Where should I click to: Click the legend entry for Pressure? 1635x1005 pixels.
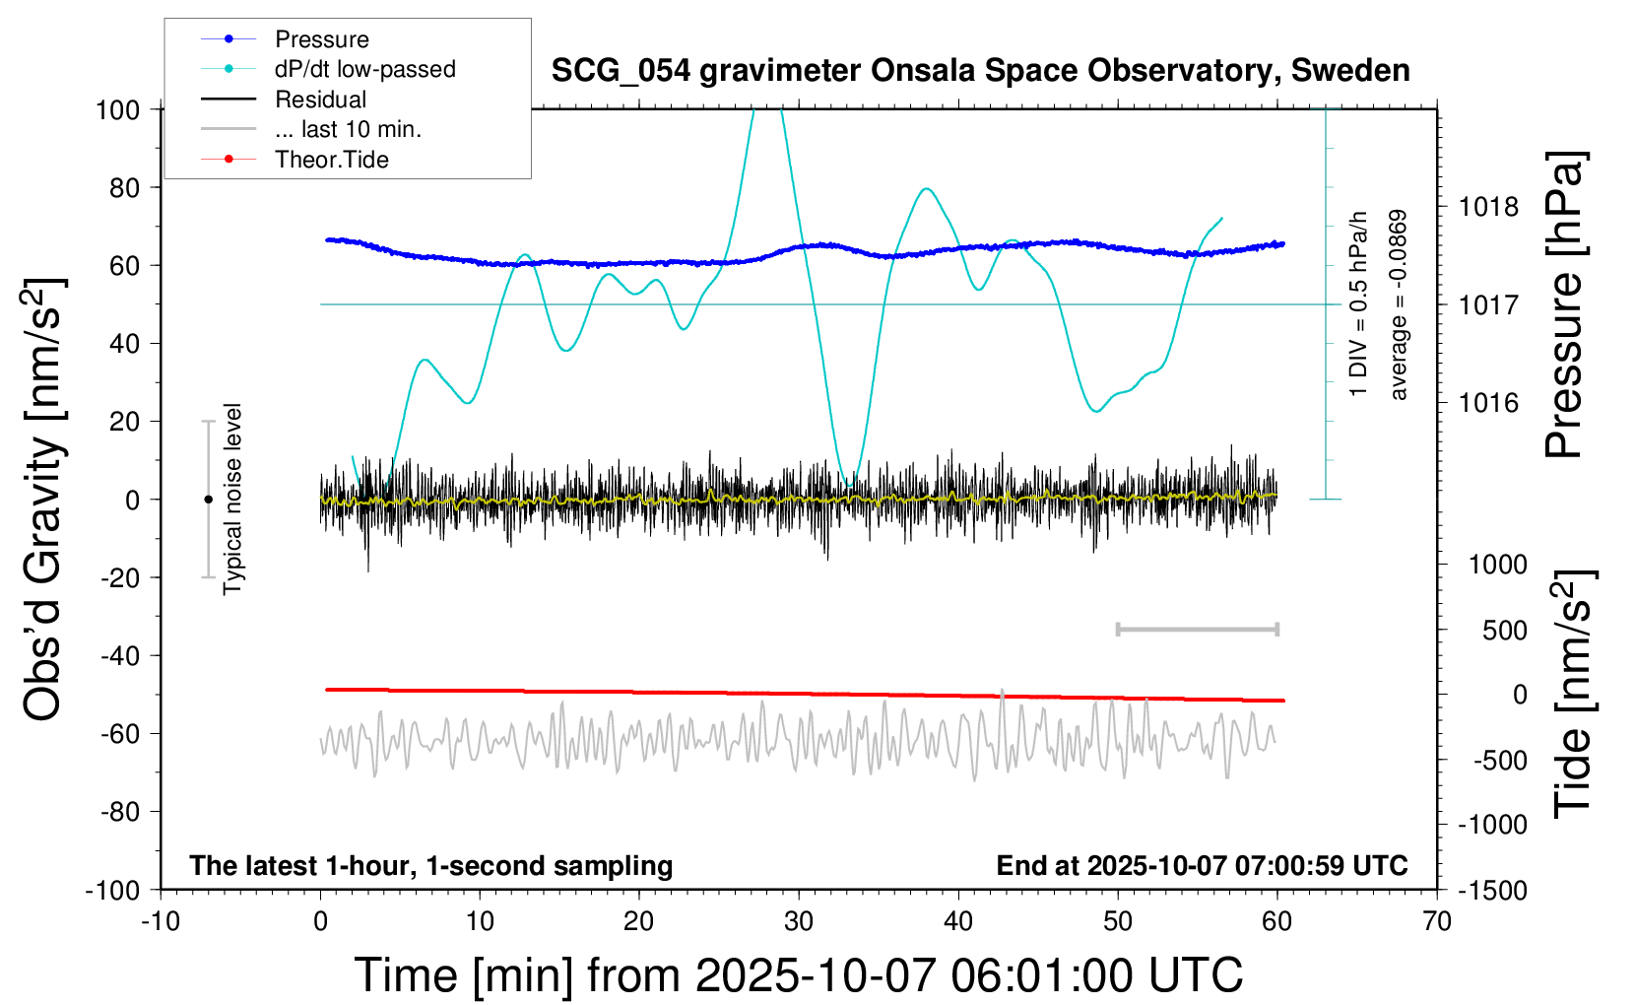(x=321, y=39)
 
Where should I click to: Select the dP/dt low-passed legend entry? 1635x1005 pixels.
(x=364, y=69)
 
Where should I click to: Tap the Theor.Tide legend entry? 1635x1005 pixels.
(x=331, y=160)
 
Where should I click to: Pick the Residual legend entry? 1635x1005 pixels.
(x=320, y=100)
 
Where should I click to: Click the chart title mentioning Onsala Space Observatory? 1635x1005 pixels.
(x=980, y=71)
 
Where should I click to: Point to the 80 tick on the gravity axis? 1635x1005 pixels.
(x=124, y=187)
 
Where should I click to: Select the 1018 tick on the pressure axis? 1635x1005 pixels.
(x=1488, y=207)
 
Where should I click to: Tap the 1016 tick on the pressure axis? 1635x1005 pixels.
(x=1488, y=402)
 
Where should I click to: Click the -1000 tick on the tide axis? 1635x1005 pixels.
(x=1493, y=825)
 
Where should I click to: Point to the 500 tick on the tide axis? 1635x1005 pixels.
(x=1504, y=630)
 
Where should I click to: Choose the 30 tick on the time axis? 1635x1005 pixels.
(x=799, y=922)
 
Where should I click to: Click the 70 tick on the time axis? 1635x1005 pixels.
(x=1437, y=922)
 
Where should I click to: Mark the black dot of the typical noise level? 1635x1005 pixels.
(x=208, y=500)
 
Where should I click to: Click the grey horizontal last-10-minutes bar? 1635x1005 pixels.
(x=1197, y=629)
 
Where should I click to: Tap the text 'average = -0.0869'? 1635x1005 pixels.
(x=1398, y=304)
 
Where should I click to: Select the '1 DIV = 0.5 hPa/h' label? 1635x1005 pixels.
(x=1359, y=304)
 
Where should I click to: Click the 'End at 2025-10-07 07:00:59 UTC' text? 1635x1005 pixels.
(x=1202, y=865)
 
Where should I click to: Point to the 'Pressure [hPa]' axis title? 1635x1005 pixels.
(x=1563, y=304)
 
